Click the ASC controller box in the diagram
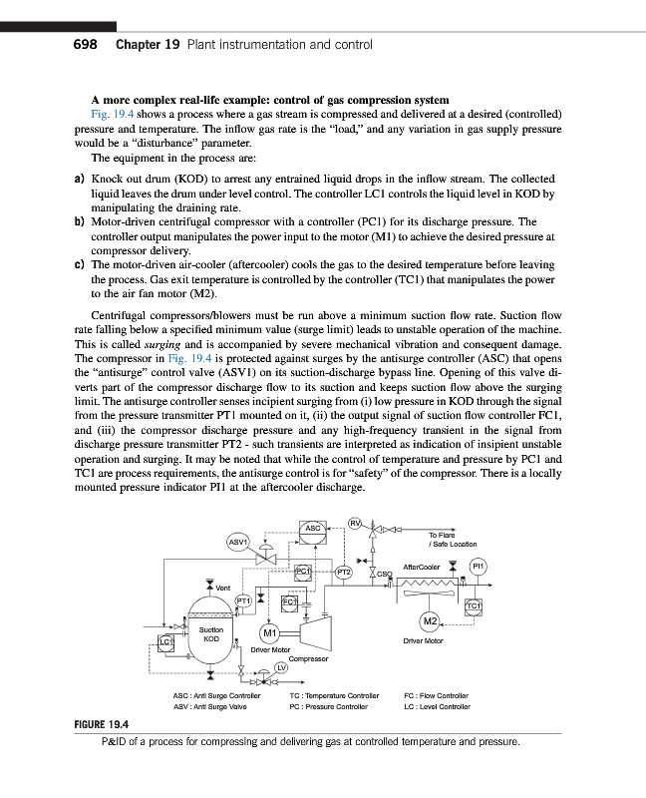pos(312,528)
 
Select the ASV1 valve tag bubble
pos(239,543)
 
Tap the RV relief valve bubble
pos(355,519)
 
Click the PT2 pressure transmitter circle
pos(343,572)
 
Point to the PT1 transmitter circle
pos(243,599)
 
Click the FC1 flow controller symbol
pos(289,602)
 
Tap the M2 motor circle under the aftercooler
pos(431,622)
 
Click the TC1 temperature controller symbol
pos(474,603)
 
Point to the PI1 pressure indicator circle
pos(478,566)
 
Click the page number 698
pos(84,45)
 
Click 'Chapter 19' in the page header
pos(147,45)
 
